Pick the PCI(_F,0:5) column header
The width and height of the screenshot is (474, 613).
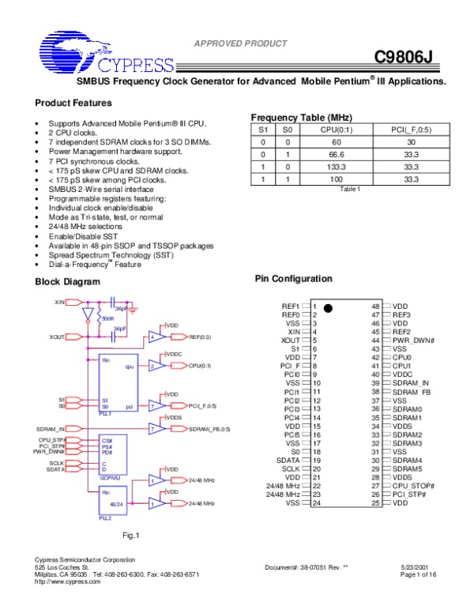click(x=410, y=130)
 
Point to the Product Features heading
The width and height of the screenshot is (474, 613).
click(x=73, y=103)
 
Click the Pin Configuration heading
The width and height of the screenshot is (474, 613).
click(x=294, y=279)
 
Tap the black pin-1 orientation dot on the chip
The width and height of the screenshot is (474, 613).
click(x=326, y=306)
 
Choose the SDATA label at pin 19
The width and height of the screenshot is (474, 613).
click(x=288, y=459)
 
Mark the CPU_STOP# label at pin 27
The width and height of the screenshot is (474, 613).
click(x=414, y=485)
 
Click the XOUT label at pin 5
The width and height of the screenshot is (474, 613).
click(x=289, y=340)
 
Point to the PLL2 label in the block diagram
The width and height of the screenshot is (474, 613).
click(x=105, y=518)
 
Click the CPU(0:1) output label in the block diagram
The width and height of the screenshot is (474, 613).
click(x=200, y=366)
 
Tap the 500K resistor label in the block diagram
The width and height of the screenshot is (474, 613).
click(x=108, y=318)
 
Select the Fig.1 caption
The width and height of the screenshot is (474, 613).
click(x=131, y=536)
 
